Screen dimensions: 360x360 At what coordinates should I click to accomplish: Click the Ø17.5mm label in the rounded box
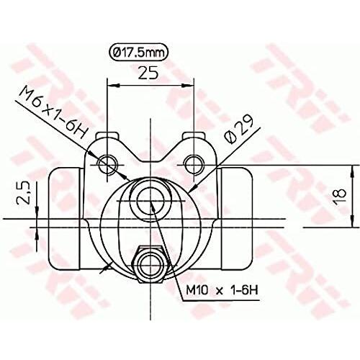(139, 52)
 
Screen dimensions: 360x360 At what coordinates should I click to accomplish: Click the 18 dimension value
(341, 197)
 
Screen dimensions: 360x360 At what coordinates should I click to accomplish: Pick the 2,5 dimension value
(23, 192)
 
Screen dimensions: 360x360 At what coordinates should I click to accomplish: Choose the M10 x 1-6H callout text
(222, 291)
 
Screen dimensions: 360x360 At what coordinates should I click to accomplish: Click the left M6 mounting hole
(107, 164)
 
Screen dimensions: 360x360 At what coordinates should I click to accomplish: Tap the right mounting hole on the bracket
(194, 164)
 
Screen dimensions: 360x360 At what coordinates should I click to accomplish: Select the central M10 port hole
(150, 201)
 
